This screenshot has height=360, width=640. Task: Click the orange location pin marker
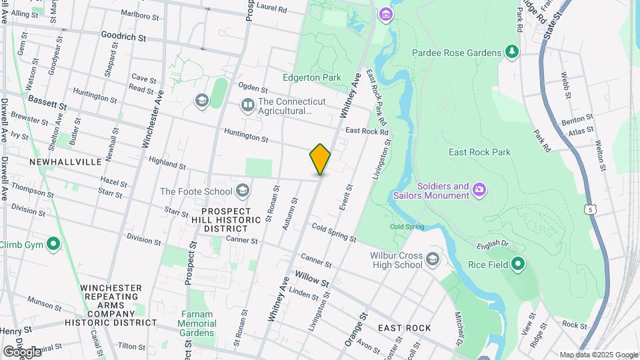click(x=320, y=159)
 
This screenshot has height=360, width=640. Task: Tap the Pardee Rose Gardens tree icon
click(x=512, y=52)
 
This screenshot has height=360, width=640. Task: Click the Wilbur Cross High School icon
click(x=432, y=259)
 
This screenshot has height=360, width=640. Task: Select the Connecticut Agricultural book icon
click(x=247, y=105)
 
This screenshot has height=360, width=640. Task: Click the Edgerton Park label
click(x=312, y=78)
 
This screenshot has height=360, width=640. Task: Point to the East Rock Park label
click(x=479, y=152)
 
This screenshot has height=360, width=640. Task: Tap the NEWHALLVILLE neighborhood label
click(x=65, y=162)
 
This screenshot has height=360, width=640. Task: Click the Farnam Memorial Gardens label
click(x=197, y=323)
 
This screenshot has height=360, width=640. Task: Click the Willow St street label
click(x=312, y=280)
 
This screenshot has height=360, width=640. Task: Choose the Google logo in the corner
click(x=22, y=351)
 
